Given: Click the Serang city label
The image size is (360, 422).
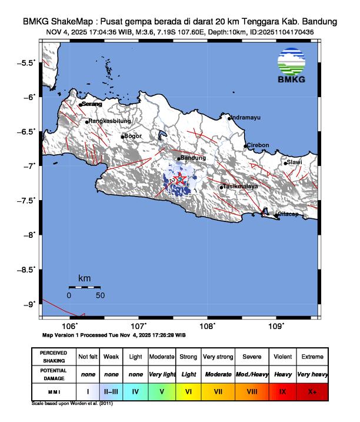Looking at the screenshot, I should tap(92, 104).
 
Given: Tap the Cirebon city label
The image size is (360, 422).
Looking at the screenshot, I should tap(258, 145).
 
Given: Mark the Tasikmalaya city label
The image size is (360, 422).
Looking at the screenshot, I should tap(241, 187).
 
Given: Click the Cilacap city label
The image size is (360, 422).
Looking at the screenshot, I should tap(289, 214).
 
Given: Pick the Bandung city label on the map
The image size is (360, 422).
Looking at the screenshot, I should tap(194, 158).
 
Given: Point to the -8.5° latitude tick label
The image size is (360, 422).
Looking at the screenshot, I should tap(27, 269).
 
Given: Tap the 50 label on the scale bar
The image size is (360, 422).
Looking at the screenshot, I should tap(100, 295).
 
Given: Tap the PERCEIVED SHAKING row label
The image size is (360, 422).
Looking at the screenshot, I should tap(54, 357).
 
